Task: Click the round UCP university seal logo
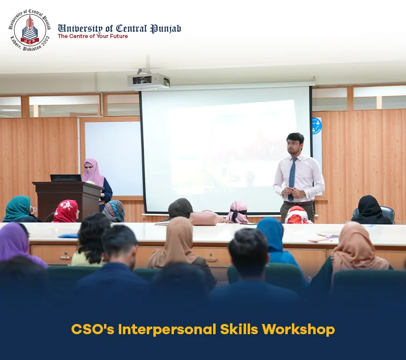pyautogui.click(x=30, y=30)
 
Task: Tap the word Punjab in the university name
pyautogui.click(x=166, y=29)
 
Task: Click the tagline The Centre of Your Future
pyautogui.click(x=93, y=36)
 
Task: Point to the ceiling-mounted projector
pyautogui.click(x=148, y=80)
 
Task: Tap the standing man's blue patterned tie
pyautogui.click(x=292, y=178)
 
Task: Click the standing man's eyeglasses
pyautogui.click(x=293, y=144)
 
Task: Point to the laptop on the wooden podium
pyautogui.click(x=66, y=178)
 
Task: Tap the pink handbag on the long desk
pyautogui.click(x=206, y=218)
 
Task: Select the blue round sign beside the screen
pyautogui.click(x=316, y=126)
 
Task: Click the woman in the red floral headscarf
pyautogui.click(x=66, y=211)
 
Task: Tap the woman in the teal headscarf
pyautogui.click(x=20, y=209)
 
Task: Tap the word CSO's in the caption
pyautogui.click(x=92, y=330)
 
